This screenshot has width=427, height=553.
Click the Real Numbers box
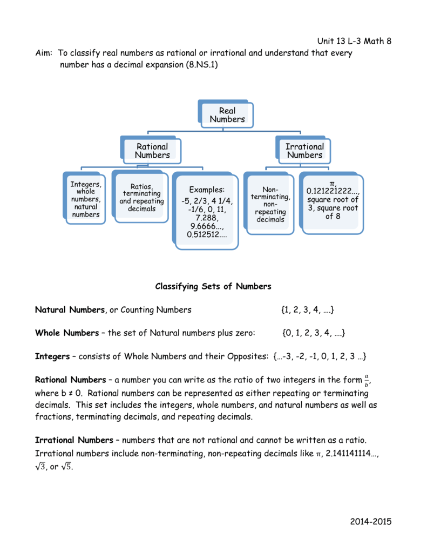pyautogui.click(x=227, y=115)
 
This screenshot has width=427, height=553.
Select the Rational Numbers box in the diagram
pyautogui.click(x=152, y=151)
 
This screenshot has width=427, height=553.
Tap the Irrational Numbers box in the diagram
pyautogui.click(x=304, y=151)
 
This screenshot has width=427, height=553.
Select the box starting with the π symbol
pyautogui.click(x=333, y=200)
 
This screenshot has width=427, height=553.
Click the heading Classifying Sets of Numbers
pyautogui.click(x=213, y=286)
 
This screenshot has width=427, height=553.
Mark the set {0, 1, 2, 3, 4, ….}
pyautogui.click(x=314, y=333)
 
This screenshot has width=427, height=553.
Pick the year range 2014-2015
pyautogui.click(x=370, y=521)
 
